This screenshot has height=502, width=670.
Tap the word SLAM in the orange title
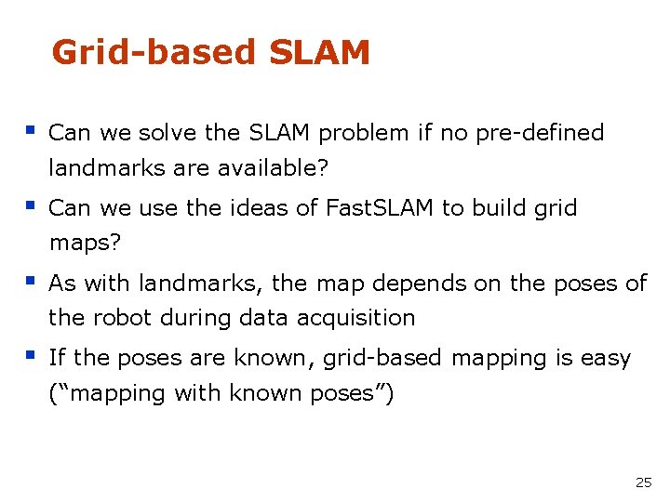click(x=319, y=53)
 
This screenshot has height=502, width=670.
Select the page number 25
click(x=643, y=482)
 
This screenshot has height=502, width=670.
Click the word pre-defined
click(x=540, y=133)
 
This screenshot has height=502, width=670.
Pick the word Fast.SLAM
click(x=380, y=208)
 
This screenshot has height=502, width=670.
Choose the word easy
click(x=606, y=358)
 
